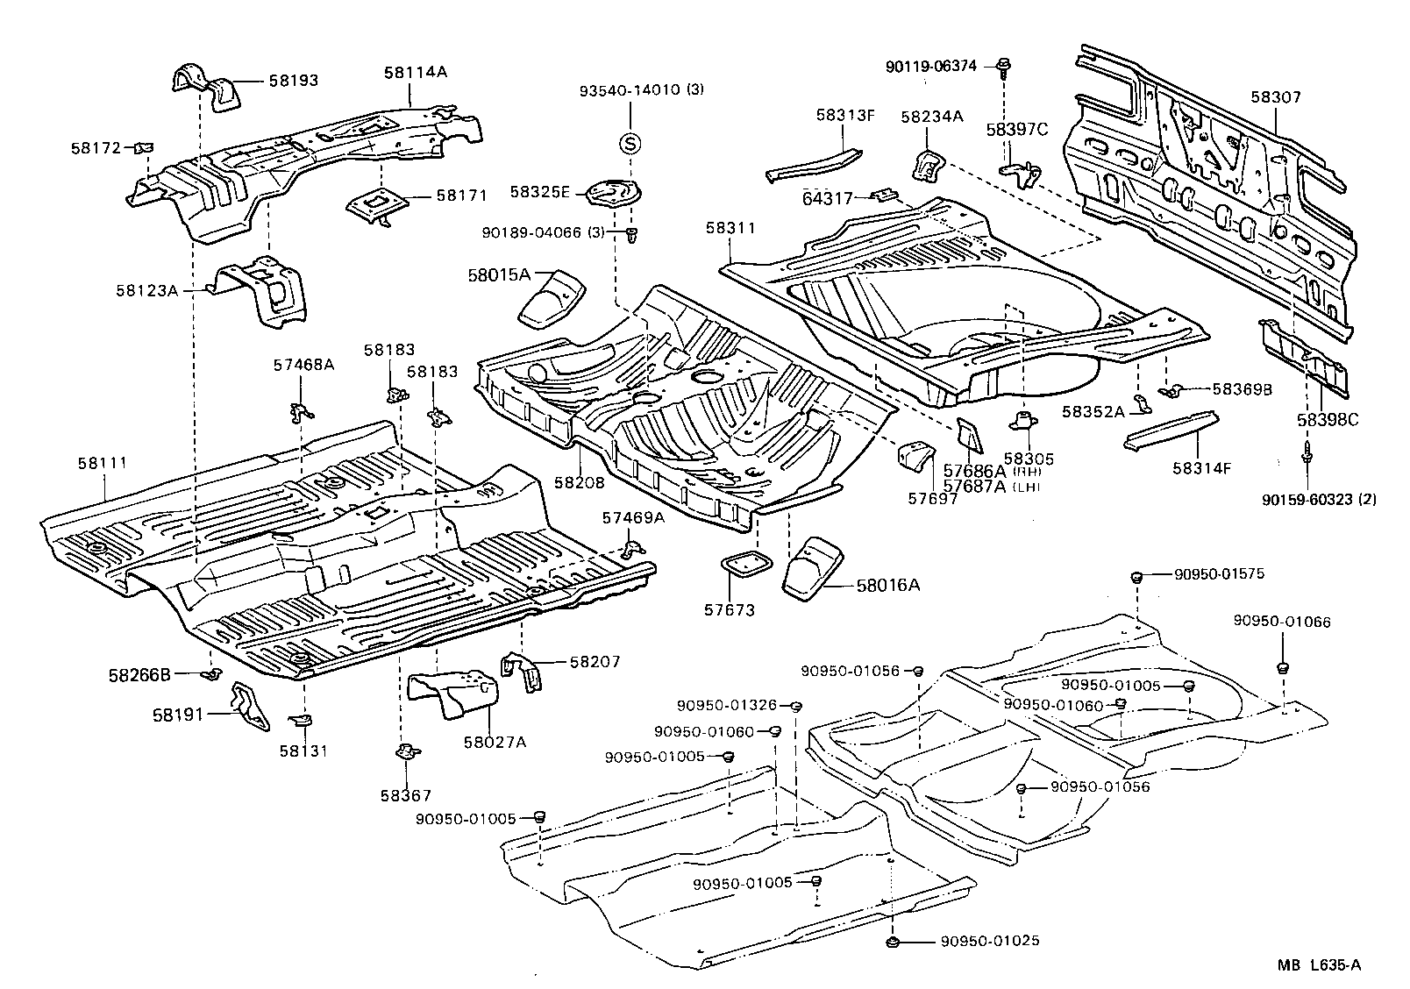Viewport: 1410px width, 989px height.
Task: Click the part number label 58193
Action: click(293, 81)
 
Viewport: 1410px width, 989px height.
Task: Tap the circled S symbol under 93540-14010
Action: click(630, 144)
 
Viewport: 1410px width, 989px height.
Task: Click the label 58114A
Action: click(415, 73)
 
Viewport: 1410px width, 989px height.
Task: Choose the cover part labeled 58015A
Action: click(552, 298)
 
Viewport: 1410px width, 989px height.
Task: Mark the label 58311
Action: click(730, 228)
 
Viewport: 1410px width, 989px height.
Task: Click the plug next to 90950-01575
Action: click(1136, 576)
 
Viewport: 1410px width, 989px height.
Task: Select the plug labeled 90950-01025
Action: click(892, 942)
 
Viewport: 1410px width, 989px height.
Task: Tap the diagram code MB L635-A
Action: click(1318, 965)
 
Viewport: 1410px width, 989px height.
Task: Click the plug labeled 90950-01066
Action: click(1281, 668)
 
